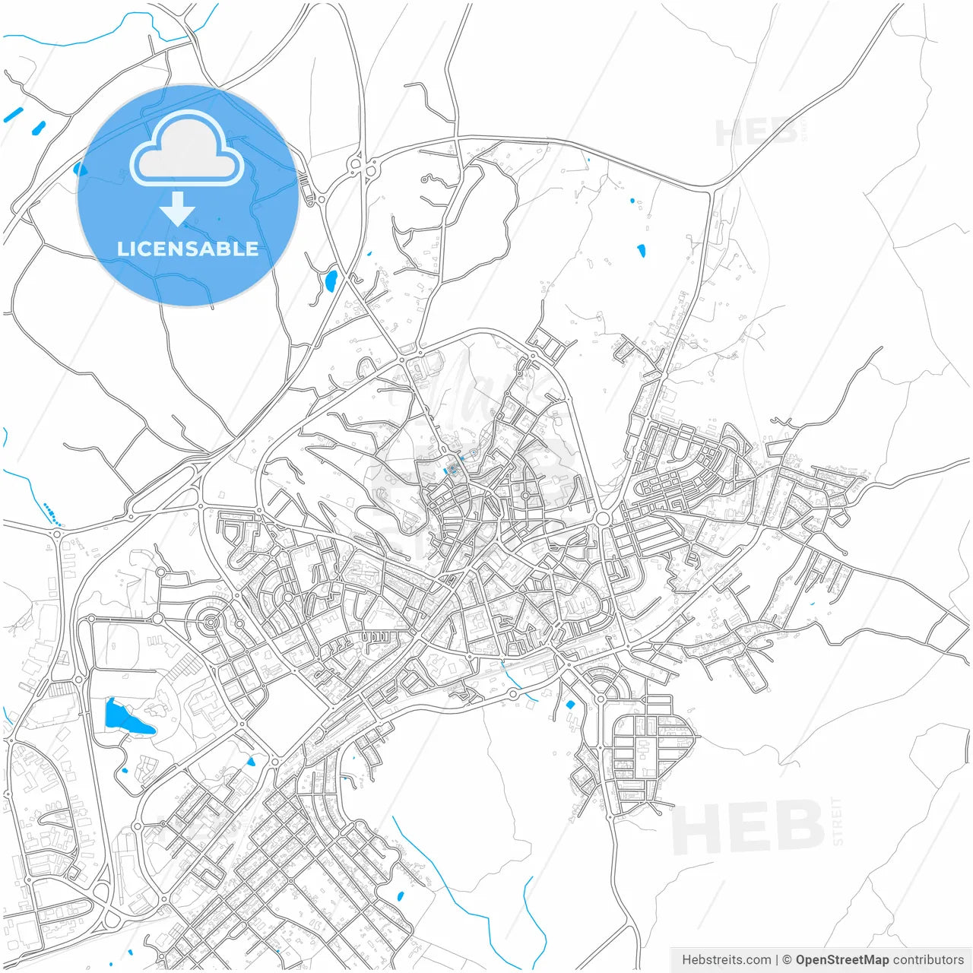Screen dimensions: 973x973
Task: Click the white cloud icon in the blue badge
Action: point(187,150)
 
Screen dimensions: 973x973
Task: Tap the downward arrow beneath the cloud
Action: point(178,208)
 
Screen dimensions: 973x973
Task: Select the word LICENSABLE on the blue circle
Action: point(188,249)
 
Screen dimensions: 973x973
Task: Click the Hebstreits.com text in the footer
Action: point(727,960)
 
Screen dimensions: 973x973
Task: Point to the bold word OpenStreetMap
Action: point(841,960)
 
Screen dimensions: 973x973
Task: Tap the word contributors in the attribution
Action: point(928,960)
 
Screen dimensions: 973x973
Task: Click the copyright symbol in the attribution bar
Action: point(788,960)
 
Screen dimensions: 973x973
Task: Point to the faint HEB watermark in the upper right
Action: point(756,132)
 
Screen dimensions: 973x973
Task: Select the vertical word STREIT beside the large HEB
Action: point(838,821)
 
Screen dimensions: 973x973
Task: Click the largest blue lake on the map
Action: point(125,718)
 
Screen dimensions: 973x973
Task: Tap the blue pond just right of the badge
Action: point(331,280)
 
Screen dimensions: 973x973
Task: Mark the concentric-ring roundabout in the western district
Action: point(211,623)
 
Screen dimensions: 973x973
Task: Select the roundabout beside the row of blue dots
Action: point(57,533)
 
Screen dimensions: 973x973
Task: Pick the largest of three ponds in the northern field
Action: point(641,250)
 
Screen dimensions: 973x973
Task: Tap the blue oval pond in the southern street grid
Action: point(401,896)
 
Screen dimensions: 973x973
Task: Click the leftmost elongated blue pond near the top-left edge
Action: point(14,115)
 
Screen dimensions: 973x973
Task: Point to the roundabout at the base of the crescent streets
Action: point(601,698)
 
